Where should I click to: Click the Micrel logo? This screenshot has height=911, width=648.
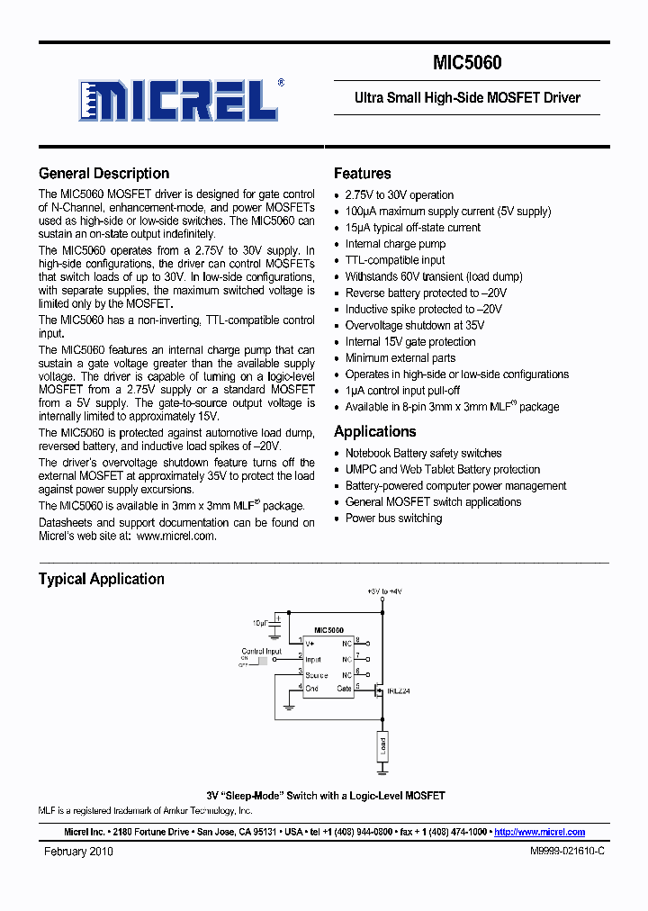[x=180, y=99]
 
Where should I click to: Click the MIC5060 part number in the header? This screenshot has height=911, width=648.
[x=467, y=63]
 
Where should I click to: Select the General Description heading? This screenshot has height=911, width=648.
[x=103, y=174]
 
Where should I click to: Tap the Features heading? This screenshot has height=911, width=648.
[x=362, y=174]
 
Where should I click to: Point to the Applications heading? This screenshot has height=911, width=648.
[x=374, y=431]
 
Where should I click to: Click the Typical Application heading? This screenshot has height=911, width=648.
[x=101, y=579]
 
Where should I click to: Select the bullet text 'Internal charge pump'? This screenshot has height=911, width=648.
[x=395, y=244]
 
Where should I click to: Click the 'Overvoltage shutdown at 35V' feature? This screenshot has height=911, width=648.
[x=414, y=325]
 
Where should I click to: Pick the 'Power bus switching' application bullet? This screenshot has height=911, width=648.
[x=393, y=519]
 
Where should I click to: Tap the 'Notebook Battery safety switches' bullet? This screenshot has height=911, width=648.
[x=423, y=454]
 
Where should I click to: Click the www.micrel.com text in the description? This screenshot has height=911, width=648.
[x=176, y=536]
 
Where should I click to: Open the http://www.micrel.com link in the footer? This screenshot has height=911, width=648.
[x=539, y=833]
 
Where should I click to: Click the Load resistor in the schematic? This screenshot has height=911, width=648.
[x=382, y=745]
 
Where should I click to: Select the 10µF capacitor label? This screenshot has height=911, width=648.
[x=260, y=622]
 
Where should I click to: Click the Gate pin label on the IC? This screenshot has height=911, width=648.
[x=344, y=688]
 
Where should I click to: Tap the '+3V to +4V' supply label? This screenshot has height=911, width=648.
[x=384, y=591]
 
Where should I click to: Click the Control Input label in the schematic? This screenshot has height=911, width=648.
[x=261, y=651]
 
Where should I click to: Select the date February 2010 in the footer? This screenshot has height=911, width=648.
[x=79, y=852]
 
